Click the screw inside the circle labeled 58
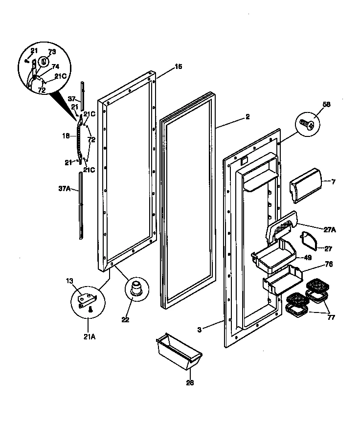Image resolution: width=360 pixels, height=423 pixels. (x=307, y=123)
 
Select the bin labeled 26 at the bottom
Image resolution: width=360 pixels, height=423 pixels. (x=178, y=350)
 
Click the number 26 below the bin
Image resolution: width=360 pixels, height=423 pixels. (x=190, y=382)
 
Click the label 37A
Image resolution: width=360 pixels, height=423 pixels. (x=64, y=187)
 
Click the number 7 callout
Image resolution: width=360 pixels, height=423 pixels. (x=333, y=182)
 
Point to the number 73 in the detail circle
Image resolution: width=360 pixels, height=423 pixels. (x=52, y=52)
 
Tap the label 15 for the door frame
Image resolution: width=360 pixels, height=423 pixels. (x=179, y=67)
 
